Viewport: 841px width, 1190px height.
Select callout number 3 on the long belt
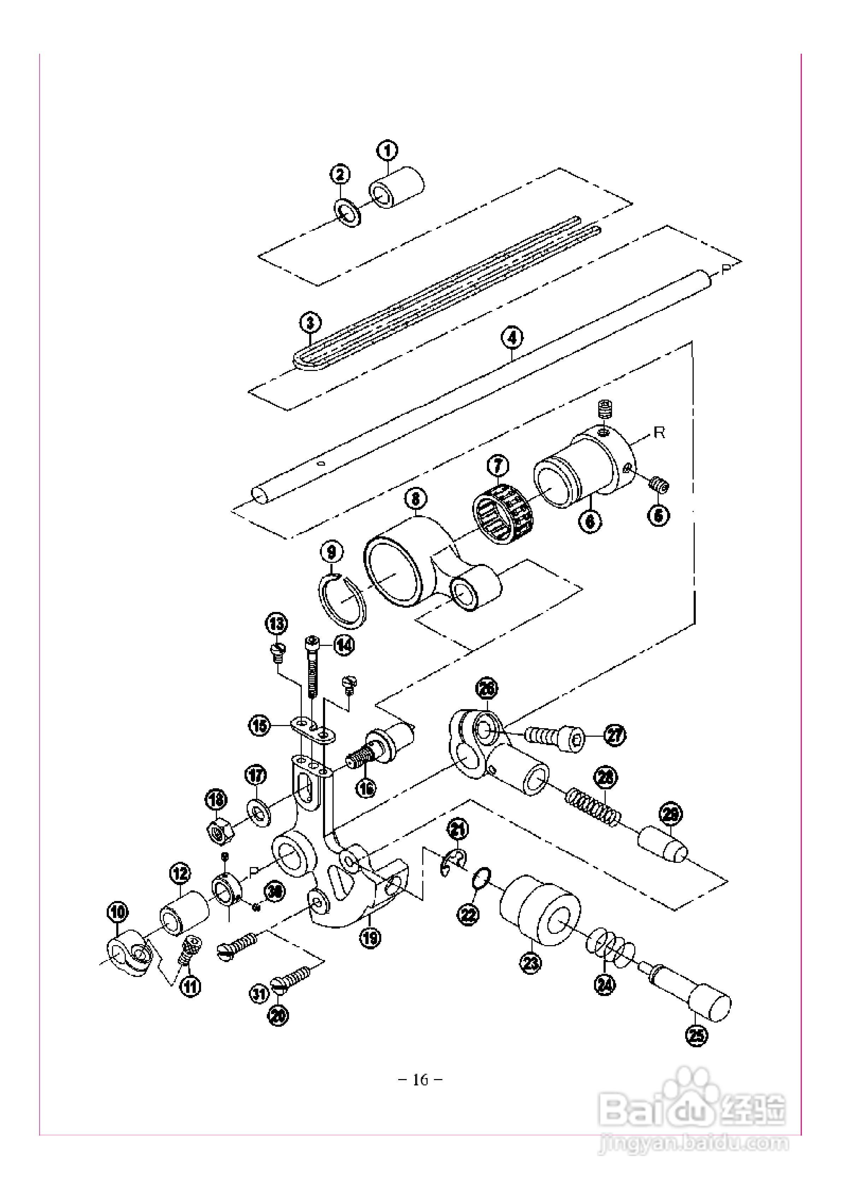(x=310, y=323)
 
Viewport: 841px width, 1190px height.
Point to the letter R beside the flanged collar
(x=659, y=433)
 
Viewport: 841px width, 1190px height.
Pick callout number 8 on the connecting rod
(x=416, y=499)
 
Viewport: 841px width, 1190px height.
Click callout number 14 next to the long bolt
(x=343, y=645)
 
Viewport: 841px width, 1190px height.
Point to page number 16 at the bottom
(x=420, y=1080)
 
